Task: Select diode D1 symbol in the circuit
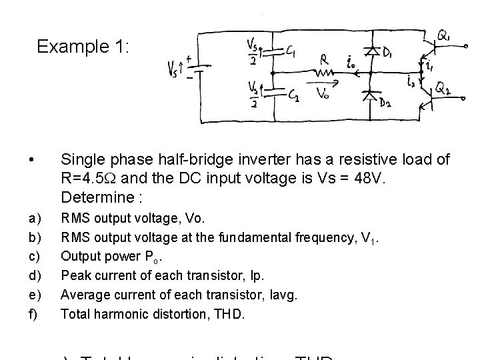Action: coord(371,50)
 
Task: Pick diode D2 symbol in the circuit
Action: coord(369,94)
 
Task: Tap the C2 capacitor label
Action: coord(293,96)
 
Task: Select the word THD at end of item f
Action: coord(228,312)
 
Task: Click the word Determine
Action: coord(93,198)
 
